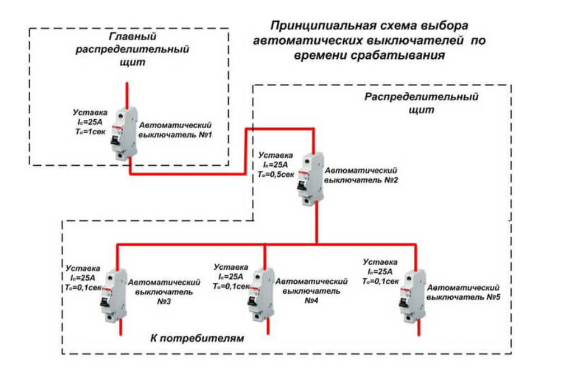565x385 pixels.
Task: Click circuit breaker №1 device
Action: pyautogui.click(x=127, y=133)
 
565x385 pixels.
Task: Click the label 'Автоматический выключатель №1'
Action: pyautogui.click(x=176, y=130)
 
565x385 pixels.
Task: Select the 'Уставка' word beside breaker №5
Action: pyautogui.click(x=381, y=262)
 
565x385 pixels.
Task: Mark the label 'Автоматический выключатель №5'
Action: pyautogui.click(x=463, y=291)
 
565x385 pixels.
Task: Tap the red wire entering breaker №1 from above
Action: pyautogui.click(x=127, y=94)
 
